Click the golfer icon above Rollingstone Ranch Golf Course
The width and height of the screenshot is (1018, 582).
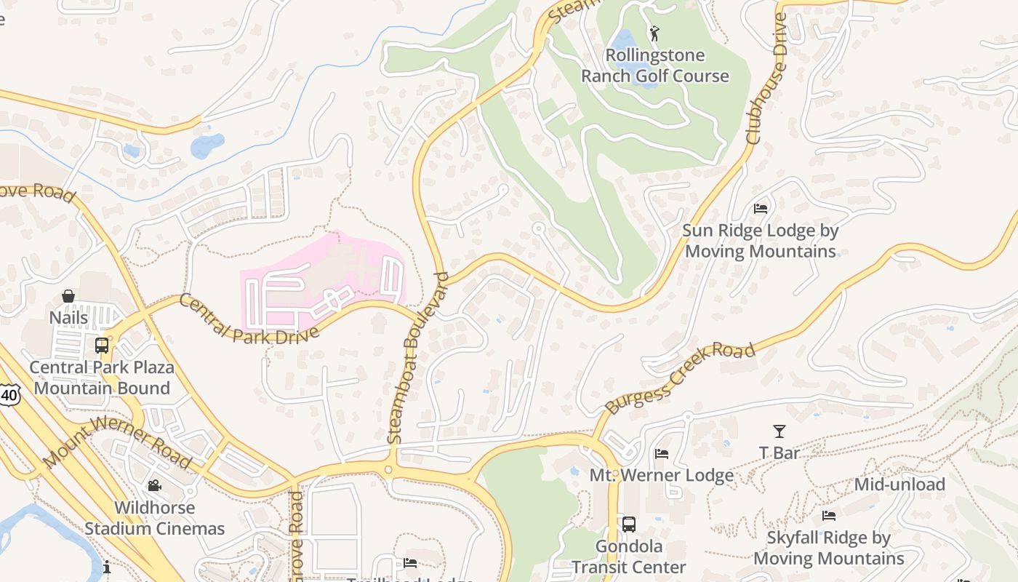pyautogui.click(x=654, y=33)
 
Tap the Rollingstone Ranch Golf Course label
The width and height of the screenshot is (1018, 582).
pyautogui.click(x=654, y=65)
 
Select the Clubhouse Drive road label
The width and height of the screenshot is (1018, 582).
pyautogui.click(x=766, y=79)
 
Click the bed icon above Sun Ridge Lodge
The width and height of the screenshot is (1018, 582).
pyautogui.click(x=761, y=209)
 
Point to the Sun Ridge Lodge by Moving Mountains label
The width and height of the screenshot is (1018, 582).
pyautogui.click(x=761, y=241)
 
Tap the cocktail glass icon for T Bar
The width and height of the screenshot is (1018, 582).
pyautogui.click(x=779, y=431)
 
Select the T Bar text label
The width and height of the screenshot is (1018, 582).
pyautogui.click(x=779, y=453)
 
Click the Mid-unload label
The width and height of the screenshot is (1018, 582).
pyautogui.click(x=899, y=485)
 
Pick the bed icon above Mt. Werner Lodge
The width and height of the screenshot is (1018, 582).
pyautogui.click(x=661, y=454)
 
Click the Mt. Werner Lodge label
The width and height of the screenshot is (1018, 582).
pyautogui.click(x=661, y=476)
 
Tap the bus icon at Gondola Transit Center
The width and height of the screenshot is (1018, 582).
pyautogui.click(x=629, y=525)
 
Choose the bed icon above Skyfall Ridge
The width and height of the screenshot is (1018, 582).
pyautogui.click(x=828, y=516)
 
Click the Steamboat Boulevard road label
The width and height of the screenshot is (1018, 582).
pyautogui.click(x=417, y=358)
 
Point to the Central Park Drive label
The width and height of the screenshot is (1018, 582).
pyautogui.click(x=249, y=318)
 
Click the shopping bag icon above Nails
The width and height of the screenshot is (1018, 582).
pyautogui.click(x=68, y=296)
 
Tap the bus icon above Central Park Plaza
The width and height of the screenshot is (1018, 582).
pyautogui.click(x=102, y=345)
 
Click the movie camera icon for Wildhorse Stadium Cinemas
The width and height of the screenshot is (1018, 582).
pyautogui.click(x=154, y=485)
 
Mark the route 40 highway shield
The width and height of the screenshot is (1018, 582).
pyautogui.click(x=9, y=395)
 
